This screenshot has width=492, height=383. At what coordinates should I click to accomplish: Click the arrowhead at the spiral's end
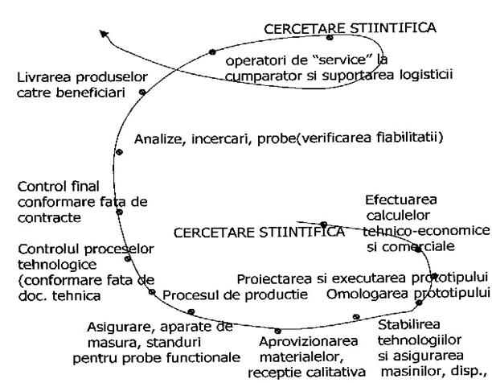(x=104, y=34)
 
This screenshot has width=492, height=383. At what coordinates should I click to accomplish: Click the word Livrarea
(x=44, y=77)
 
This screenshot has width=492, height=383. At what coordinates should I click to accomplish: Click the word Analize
(x=158, y=139)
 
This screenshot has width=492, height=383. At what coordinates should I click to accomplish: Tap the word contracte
(x=49, y=218)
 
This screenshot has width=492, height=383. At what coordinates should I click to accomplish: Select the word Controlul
(x=49, y=249)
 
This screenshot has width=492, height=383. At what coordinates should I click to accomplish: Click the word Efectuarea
(x=401, y=200)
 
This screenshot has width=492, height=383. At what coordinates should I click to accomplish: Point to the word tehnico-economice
(x=426, y=231)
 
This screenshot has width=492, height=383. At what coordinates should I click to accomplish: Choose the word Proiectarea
(x=274, y=279)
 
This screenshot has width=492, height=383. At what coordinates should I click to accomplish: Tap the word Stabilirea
(x=409, y=324)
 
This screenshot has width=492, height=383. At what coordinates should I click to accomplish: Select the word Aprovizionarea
(x=309, y=341)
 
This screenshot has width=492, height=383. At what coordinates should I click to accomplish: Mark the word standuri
(x=174, y=343)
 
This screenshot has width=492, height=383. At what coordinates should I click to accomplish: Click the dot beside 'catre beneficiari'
(x=142, y=92)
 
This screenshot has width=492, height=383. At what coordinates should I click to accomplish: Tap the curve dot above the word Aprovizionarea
(x=277, y=331)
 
